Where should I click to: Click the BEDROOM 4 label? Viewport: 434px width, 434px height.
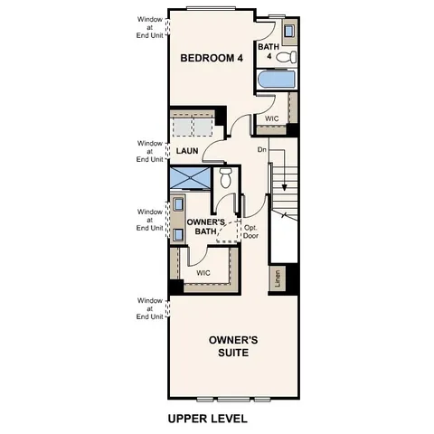tap(212, 58)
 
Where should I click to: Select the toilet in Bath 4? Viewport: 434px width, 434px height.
tap(287, 58)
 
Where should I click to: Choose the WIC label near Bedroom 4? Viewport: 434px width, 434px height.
tap(272, 118)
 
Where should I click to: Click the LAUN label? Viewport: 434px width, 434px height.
tap(187, 151)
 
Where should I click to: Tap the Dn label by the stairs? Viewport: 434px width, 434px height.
tap(262, 149)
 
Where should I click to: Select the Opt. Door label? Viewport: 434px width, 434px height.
tap(251, 232)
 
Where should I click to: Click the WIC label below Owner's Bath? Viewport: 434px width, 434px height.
tap(203, 271)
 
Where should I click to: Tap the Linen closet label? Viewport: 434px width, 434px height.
tap(278, 280)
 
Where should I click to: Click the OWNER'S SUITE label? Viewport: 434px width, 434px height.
tap(233, 347)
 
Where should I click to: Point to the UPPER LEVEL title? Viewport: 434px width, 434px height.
tap(207, 420)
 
